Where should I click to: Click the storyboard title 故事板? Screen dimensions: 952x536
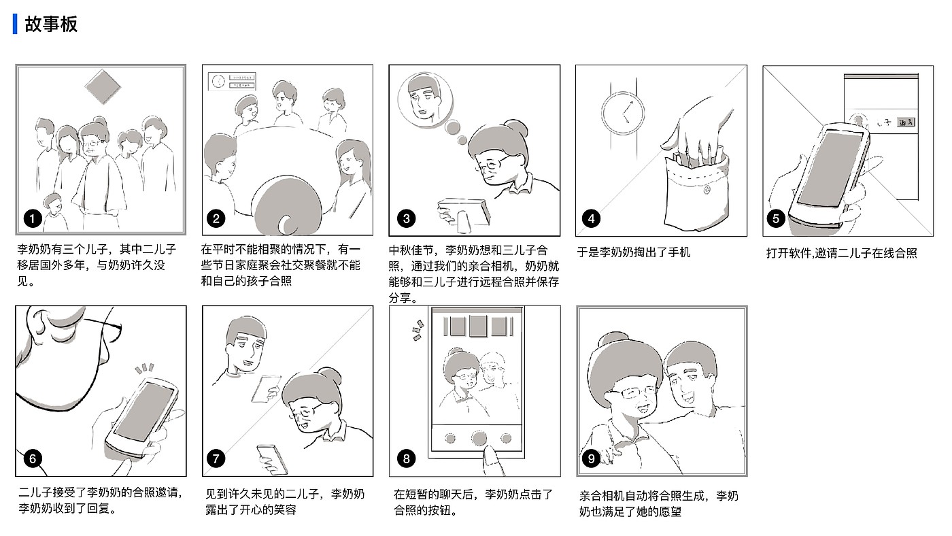51,24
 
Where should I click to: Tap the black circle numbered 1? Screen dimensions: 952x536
33,219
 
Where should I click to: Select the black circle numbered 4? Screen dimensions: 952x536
591,219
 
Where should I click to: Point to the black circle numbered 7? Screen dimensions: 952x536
216,458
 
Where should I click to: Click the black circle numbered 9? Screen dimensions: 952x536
591,458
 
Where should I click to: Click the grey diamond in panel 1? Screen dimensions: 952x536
103,86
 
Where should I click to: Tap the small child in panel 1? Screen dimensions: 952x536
54,212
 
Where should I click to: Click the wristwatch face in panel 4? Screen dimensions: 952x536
623,113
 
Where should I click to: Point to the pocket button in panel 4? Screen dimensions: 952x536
707,190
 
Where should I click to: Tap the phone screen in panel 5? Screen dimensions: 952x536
830,168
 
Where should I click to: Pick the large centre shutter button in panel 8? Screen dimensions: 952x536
479,438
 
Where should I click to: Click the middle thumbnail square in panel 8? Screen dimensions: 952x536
478,326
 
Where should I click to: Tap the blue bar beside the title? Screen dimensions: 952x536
15,24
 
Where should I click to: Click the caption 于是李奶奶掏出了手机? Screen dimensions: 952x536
634,252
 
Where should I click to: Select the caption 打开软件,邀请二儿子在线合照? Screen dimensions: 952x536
842,253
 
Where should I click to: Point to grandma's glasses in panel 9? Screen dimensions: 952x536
632,393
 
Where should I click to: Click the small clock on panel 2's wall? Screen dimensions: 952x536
218,81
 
